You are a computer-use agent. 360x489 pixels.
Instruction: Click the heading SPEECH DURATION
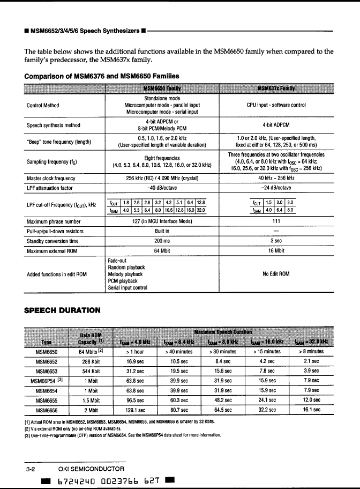pos(62,310)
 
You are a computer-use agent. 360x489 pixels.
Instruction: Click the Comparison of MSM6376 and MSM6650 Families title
pos(102,76)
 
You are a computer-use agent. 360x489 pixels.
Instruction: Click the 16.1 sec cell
pos(311,410)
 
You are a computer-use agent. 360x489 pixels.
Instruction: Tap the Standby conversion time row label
pos(52,241)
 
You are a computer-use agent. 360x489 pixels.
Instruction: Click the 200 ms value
pos(162,241)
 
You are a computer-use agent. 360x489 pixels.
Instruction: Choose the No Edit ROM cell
pos(276,274)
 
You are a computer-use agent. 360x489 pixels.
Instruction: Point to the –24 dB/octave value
pos(276,188)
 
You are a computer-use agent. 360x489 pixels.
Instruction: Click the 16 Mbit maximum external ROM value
pos(276,251)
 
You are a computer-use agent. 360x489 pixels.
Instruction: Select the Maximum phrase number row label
pos(54,221)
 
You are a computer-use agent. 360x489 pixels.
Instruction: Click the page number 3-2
pos(31,469)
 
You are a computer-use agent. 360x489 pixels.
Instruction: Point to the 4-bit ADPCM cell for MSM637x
pos(276,125)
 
